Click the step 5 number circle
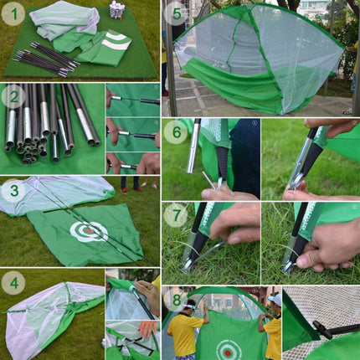coord(175,14)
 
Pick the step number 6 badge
coord(176,131)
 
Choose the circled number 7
coord(176,214)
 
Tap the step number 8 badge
coord(176,298)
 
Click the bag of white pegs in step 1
coord(117,11)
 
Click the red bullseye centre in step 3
coord(88,230)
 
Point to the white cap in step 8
coord(275,298)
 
